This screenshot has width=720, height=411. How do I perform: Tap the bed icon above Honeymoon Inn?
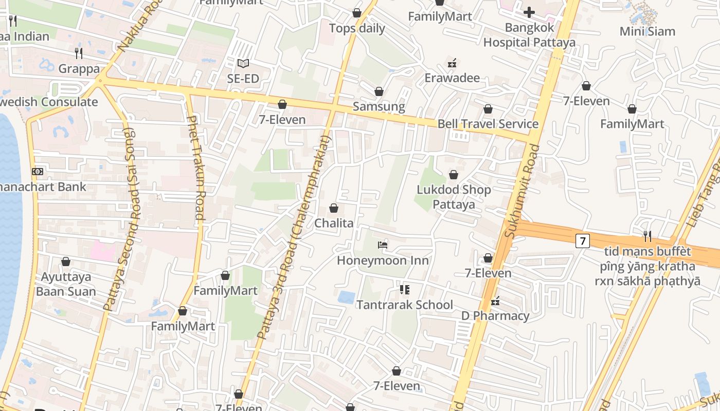pos(382,245)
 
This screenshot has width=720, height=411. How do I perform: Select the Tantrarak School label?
pos(405,305)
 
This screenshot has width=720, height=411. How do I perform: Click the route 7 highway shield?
pos(582,240)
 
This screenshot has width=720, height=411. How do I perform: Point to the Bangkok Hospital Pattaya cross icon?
pos(529,12)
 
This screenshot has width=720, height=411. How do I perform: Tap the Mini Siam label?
pos(647,31)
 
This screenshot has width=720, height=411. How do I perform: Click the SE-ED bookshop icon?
pos(243,64)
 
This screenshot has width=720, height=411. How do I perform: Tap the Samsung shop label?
pos(379,107)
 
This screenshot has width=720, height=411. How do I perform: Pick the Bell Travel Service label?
pos(488,124)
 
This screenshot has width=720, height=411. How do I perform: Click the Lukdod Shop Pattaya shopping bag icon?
pos(453,175)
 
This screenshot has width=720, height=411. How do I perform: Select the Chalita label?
pos(334,223)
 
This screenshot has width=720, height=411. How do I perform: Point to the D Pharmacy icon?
pos(495,301)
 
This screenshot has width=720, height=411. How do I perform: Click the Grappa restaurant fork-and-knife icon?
pos(79,53)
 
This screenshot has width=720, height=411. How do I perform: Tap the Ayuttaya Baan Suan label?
pos(66,284)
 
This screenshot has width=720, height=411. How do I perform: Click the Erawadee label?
pos(452,78)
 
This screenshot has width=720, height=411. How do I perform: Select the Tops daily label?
pos(357,28)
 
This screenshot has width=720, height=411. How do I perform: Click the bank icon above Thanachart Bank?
pos(37,172)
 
